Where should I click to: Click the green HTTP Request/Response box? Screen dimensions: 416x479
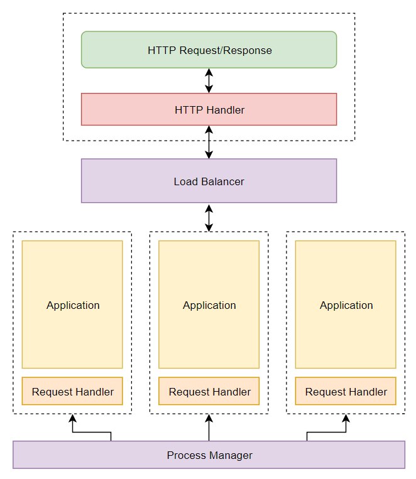pyautogui.click(x=209, y=50)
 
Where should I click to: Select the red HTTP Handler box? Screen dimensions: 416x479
pyautogui.click(x=209, y=109)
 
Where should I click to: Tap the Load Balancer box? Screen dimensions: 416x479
pyautogui.click(x=209, y=181)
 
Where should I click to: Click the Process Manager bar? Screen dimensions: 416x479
pyautogui.click(x=209, y=455)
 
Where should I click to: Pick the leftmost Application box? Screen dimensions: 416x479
pyautogui.click(x=72, y=304)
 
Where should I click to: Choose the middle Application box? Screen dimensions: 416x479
pyautogui.click(x=209, y=304)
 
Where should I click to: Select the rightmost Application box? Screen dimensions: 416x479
pyautogui.click(x=346, y=304)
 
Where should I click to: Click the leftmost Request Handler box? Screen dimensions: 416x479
pyautogui.click(x=72, y=391)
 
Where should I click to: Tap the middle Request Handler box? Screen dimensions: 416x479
pyautogui.click(x=209, y=391)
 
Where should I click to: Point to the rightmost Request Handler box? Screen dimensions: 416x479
pyautogui.click(x=346, y=391)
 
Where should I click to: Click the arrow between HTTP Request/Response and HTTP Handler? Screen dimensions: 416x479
pyautogui.click(x=209, y=80)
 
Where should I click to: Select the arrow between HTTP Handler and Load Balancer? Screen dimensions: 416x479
pyautogui.click(x=209, y=142)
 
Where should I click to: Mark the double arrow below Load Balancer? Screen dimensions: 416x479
pyautogui.click(x=209, y=218)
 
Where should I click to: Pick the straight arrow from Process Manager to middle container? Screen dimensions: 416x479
pyautogui.click(x=209, y=428)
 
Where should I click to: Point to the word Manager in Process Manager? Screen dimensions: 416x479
pyautogui.click(x=231, y=456)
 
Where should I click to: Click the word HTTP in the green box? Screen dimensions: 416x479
pyautogui.click(x=161, y=50)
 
